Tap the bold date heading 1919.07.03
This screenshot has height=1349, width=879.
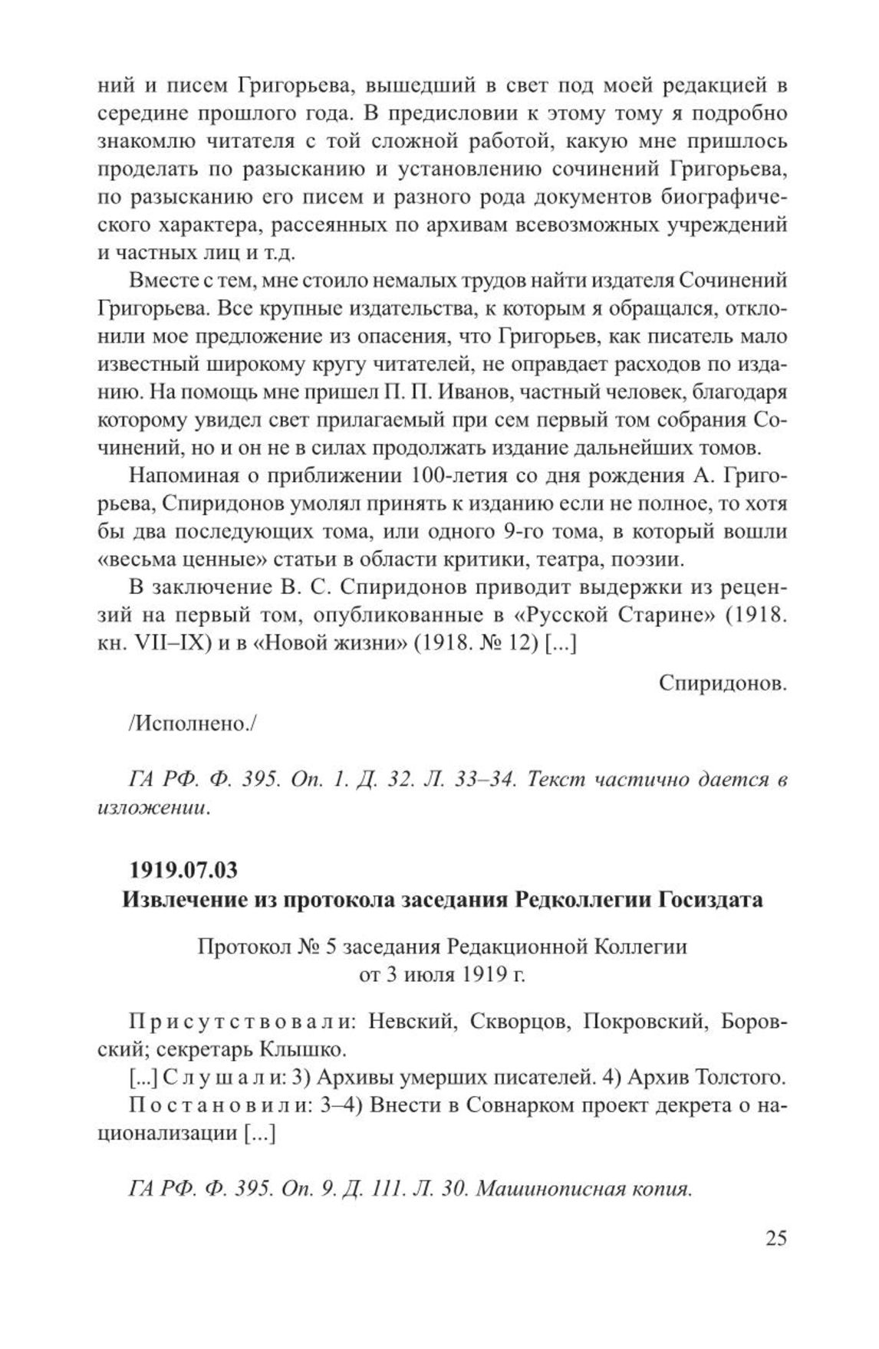[x=184, y=871]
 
